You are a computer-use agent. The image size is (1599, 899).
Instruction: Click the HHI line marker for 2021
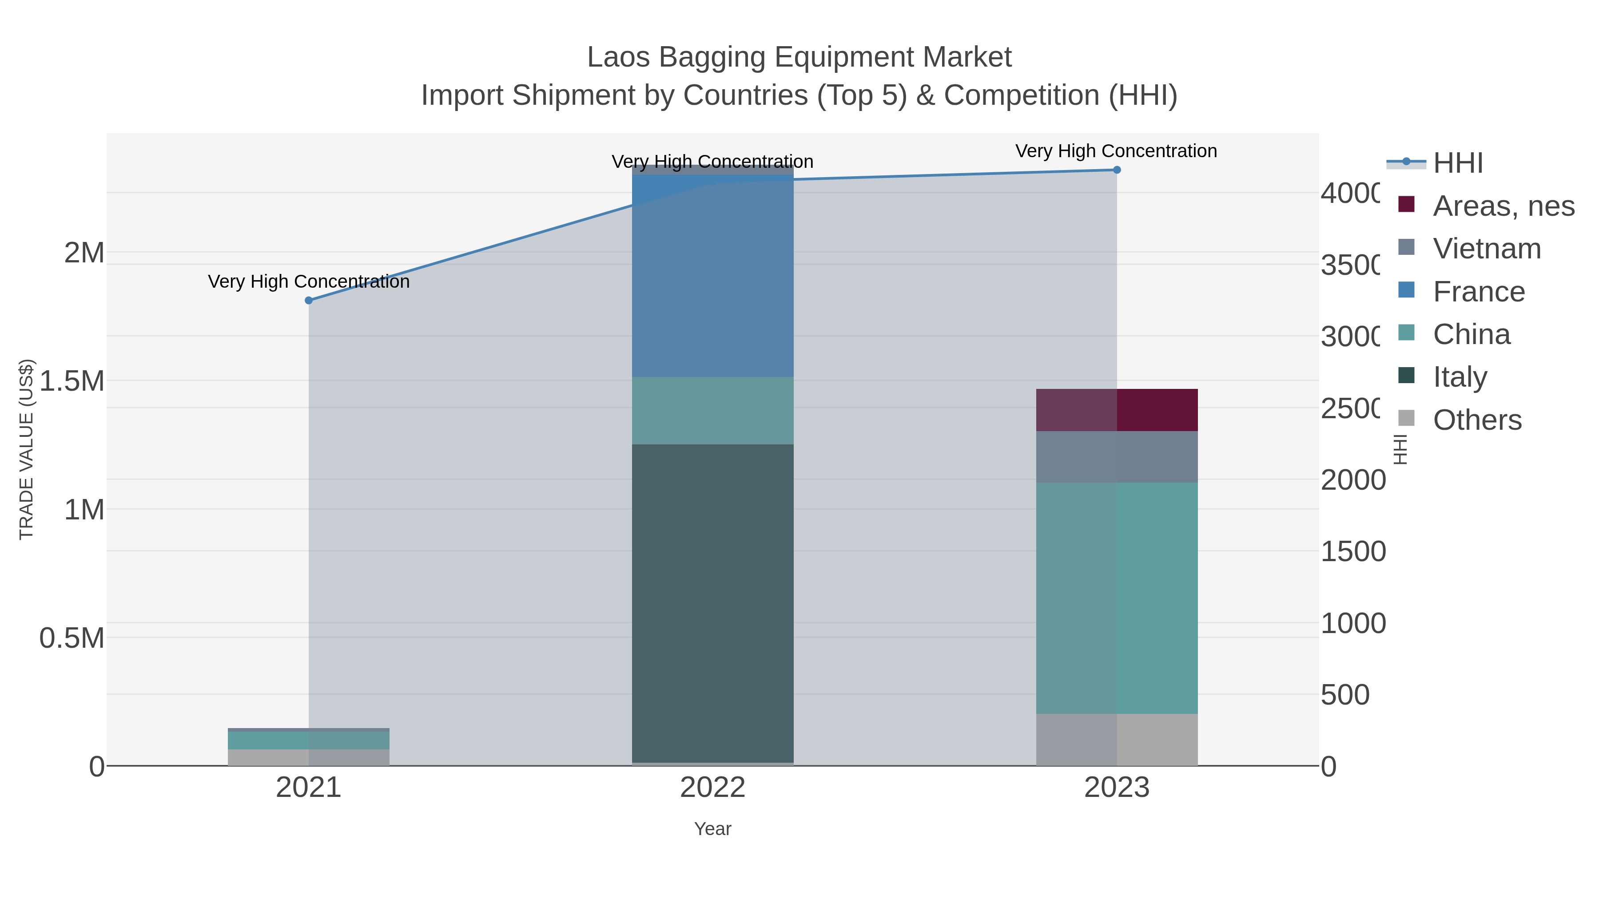(309, 300)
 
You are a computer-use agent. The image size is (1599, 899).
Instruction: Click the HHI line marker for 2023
(1116, 170)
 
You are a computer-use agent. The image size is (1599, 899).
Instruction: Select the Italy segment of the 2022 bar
(712, 602)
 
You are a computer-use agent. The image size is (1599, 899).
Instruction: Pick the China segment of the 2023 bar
(1116, 598)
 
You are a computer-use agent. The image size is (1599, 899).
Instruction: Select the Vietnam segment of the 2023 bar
(1116, 457)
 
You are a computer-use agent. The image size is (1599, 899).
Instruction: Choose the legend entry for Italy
(1460, 376)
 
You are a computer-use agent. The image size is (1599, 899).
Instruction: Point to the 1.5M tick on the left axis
(72, 381)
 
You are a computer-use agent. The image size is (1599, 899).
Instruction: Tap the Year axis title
(712, 829)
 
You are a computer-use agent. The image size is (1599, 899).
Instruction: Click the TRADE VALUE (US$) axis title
(26, 449)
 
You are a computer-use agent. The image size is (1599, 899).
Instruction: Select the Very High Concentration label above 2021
(309, 281)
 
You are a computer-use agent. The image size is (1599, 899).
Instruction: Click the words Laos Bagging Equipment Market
(799, 57)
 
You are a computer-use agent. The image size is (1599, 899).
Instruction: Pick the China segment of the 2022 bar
(712, 410)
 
